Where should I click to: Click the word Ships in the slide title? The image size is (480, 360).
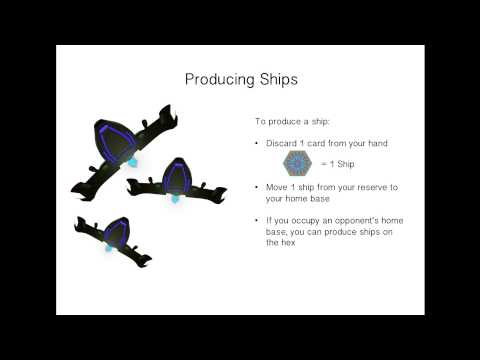[x=273, y=79]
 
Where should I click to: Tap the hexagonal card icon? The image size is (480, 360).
[x=297, y=163]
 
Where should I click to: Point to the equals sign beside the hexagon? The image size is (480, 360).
[x=323, y=164]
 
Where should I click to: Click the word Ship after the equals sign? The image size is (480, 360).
[x=345, y=164]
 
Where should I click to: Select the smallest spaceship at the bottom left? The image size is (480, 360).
[x=112, y=237]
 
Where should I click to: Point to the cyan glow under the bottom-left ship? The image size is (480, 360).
[x=107, y=248]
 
